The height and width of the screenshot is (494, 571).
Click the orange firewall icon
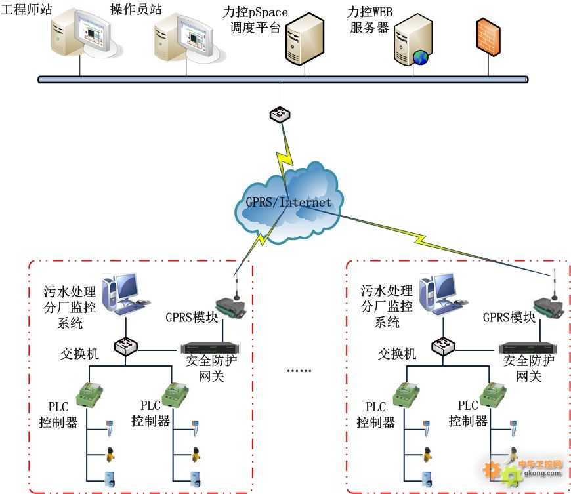488,37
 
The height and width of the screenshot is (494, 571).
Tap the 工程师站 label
24,12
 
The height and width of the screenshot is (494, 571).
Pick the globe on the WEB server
420,58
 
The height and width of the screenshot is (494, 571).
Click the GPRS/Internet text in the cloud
289,202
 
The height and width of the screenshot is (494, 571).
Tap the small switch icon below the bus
280,115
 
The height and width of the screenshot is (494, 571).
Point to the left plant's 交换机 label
79,354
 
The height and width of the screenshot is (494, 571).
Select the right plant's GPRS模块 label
509,318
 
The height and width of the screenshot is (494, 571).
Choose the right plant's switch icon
444,345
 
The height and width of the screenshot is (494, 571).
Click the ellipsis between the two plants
299,371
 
